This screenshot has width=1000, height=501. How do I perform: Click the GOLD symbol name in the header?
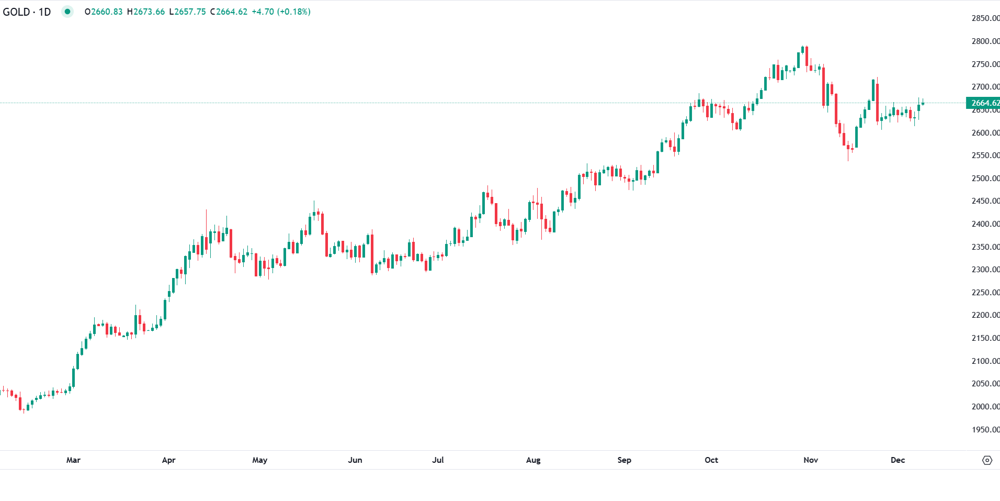click(16, 12)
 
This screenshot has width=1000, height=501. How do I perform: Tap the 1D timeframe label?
click(44, 12)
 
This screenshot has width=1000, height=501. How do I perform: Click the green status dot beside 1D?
click(67, 12)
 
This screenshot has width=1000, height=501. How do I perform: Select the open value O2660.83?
click(104, 12)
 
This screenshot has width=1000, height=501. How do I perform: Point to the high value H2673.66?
click(146, 12)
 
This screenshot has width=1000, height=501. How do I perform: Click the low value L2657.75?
click(187, 12)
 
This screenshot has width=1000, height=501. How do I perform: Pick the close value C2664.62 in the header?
click(229, 12)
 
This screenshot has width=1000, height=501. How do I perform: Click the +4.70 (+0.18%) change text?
click(281, 12)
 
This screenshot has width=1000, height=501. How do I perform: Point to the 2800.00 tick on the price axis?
click(985, 41)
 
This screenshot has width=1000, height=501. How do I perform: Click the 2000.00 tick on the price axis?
click(985, 406)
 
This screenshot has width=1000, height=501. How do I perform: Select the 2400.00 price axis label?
click(985, 224)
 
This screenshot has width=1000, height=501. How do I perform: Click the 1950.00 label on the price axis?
click(985, 429)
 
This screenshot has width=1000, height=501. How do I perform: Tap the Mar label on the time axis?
click(73, 460)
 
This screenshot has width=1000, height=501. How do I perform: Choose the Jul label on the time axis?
click(438, 460)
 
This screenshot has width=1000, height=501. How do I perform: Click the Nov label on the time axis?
click(811, 460)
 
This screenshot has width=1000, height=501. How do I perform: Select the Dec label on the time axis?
click(897, 460)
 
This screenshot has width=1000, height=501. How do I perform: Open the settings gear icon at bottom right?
click(987, 460)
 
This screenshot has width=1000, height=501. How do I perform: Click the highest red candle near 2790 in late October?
click(807, 57)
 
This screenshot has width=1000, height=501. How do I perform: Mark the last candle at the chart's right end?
click(923, 103)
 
